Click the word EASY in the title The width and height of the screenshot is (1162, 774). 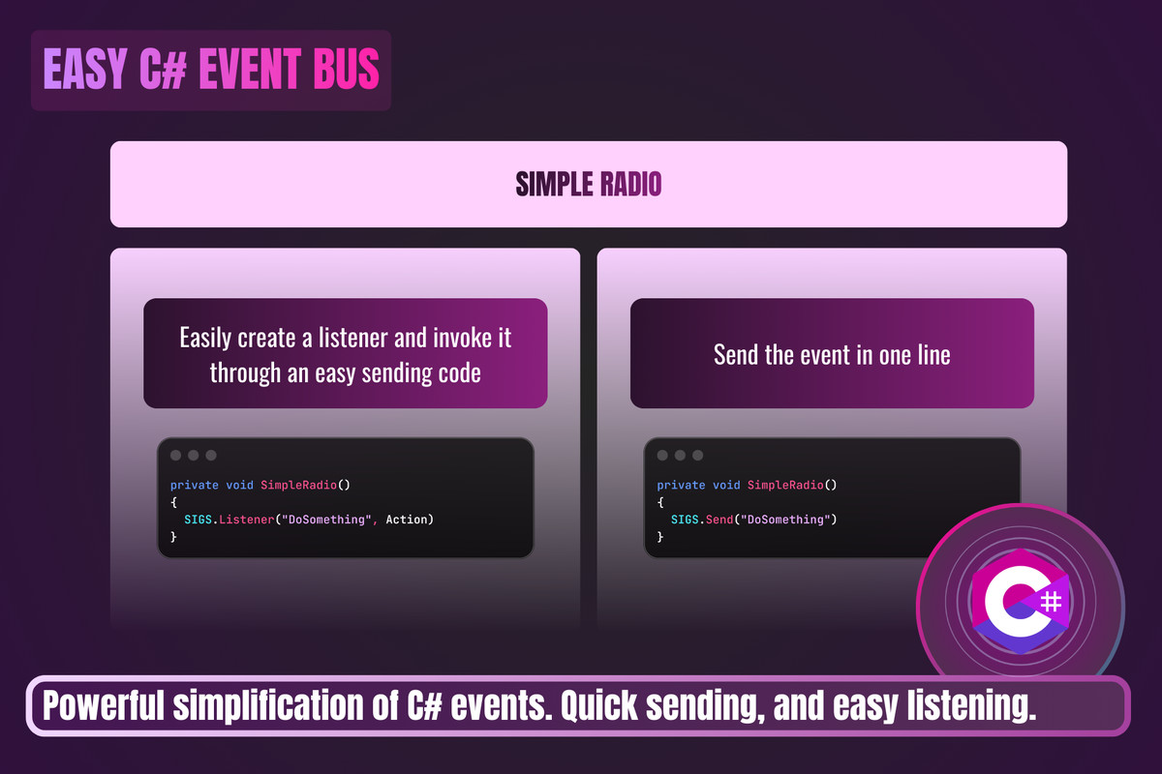[x=85, y=69]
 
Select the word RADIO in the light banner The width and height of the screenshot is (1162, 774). [x=630, y=184]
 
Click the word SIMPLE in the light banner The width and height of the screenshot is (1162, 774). [x=555, y=184]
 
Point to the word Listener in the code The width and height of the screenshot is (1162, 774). [x=246, y=520]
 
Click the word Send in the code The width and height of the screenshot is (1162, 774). [x=719, y=520]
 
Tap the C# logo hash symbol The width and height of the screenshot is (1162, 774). [x=1051, y=602]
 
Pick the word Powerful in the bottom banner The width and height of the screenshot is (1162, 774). [x=104, y=705]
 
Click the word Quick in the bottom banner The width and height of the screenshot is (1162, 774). [x=599, y=706]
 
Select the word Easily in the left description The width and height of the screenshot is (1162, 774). [x=205, y=339]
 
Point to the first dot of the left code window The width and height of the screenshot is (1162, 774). [x=176, y=455]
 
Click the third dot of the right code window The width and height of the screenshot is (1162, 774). [x=698, y=455]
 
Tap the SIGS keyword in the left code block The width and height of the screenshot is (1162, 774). [x=199, y=520]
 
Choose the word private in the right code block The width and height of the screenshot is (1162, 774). [x=681, y=486]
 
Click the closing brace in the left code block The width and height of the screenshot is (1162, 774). [x=173, y=537]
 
